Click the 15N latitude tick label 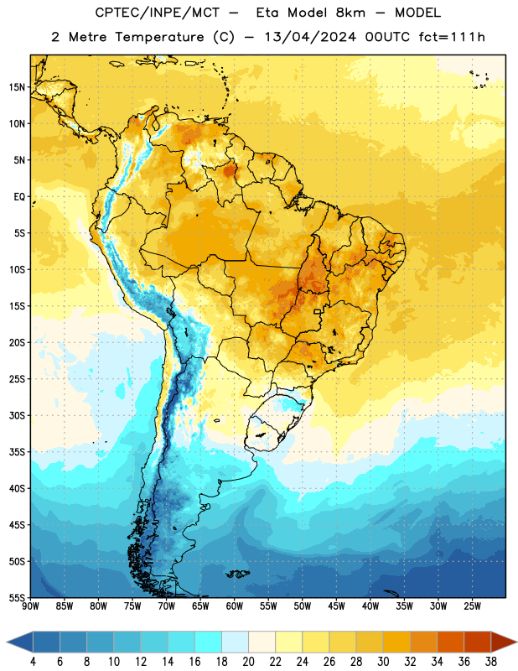pyautogui.click(x=17, y=87)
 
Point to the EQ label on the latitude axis pyautogui.click(x=19, y=197)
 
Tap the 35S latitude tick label pyautogui.click(x=17, y=452)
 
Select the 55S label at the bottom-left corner pyautogui.click(x=17, y=597)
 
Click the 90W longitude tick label pyautogui.click(x=30, y=606)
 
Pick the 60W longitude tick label pyautogui.click(x=235, y=606)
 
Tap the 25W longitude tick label pyautogui.click(x=472, y=606)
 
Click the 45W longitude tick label pyautogui.click(x=336, y=606)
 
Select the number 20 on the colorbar pyautogui.click(x=248, y=662)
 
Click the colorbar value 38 pyautogui.click(x=490, y=662)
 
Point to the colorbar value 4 pyautogui.click(x=33, y=662)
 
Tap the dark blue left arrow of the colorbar pyautogui.click(x=20, y=642)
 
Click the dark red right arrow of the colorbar pyautogui.click(x=504, y=642)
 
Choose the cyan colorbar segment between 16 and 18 pyautogui.click(x=209, y=642)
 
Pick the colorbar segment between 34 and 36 pyautogui.click(x=450, y=642)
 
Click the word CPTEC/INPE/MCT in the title pyautogui.click(x=158, y=13)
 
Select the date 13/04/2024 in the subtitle pyautogui.click(x=310, y=37)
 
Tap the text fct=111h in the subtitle pyautogui.click(x=452, y=37)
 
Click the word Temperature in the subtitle pyautogui.click(x=159, y=37)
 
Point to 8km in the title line pyautogui.click(x=350, y=13)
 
